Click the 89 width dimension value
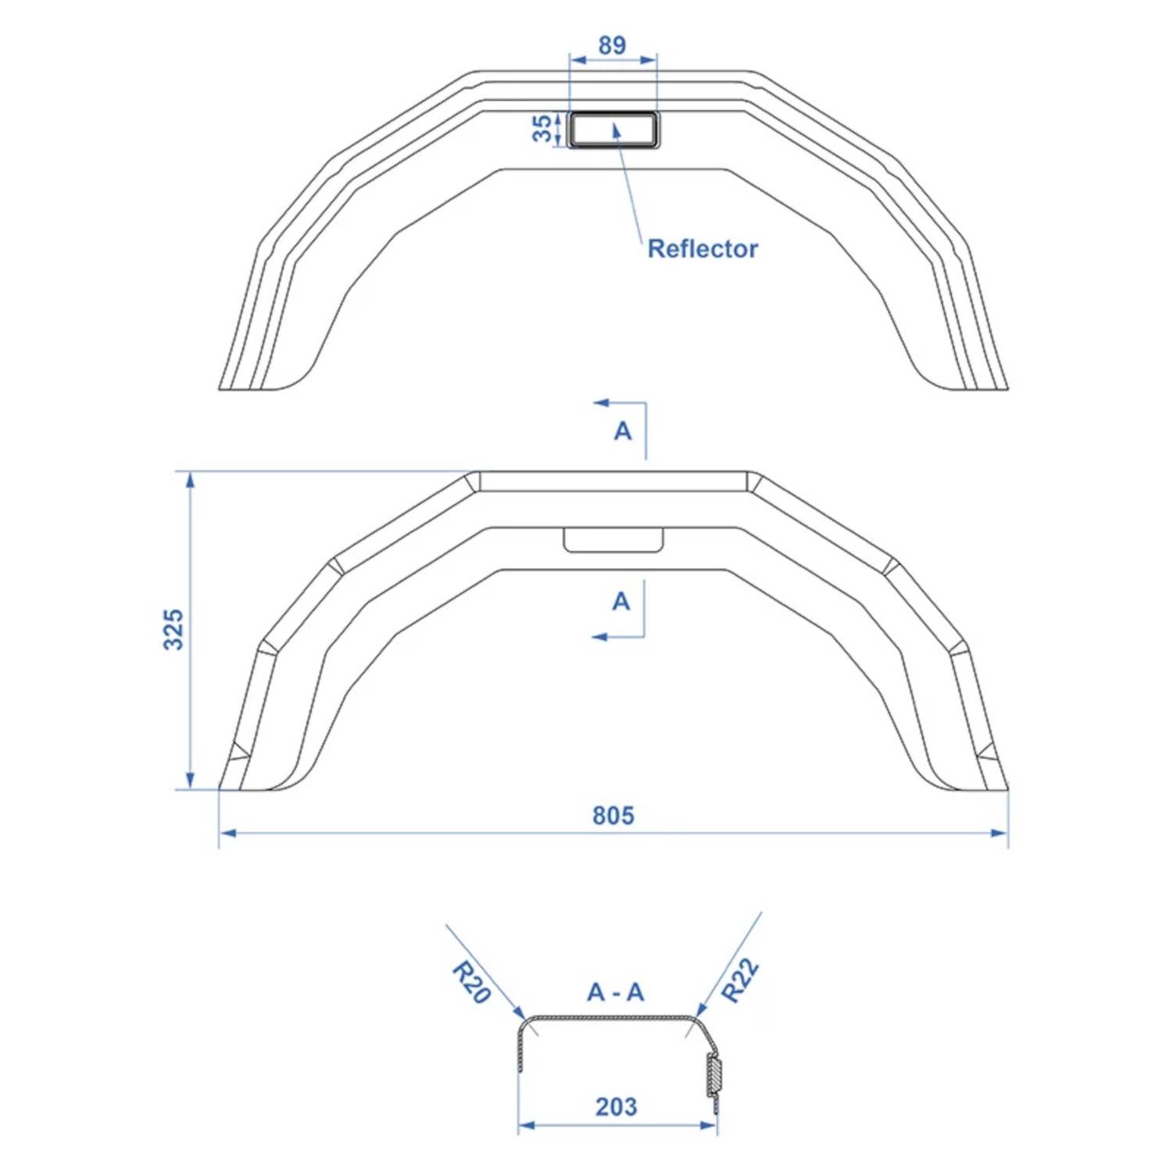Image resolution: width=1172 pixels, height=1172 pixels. pos(612,45)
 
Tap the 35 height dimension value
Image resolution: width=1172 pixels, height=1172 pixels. pos(541,129)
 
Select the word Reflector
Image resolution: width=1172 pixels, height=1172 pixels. pos(702,248)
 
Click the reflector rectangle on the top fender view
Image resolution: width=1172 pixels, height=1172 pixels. pos(614,130)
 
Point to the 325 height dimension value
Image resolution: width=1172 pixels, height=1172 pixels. pos(173,629)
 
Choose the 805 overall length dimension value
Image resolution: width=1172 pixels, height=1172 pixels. pos(613,816)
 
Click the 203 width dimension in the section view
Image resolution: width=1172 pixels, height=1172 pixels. pos(616,1106)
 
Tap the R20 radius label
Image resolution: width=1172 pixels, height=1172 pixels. pos(471,982)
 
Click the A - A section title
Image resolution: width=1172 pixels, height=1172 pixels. pos(616,992)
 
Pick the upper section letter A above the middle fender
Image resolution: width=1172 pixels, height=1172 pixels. pos(623,431)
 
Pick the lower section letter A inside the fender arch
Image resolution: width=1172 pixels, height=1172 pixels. pos(621,602)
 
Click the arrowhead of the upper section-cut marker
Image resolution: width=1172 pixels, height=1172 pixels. pos(600,403)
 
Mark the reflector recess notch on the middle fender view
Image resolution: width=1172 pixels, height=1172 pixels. pos(613,540)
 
